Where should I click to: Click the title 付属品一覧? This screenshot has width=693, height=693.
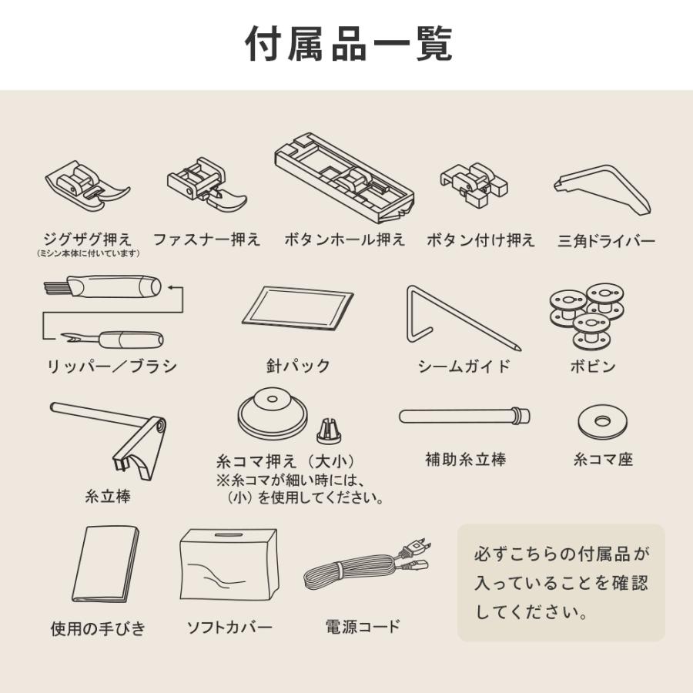point(346,45)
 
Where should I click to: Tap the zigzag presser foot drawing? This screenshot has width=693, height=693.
point(85,187)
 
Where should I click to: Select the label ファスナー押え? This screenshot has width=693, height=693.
point(206,239)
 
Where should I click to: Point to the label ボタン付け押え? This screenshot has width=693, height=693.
point(480,239)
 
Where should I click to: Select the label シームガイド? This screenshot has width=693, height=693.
point(464,367)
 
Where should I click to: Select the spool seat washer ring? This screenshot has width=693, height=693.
point(603,421)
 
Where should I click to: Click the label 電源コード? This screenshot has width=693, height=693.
point(363,626)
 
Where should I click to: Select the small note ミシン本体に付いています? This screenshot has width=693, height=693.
point(87,253)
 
